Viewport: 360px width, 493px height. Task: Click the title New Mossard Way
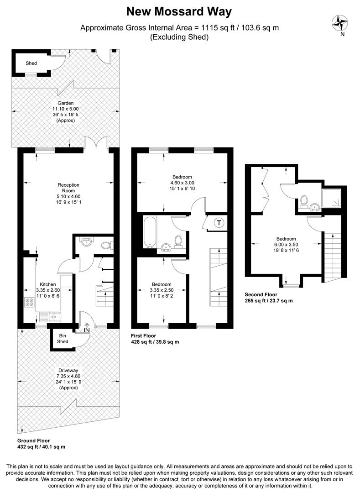pyautogui.click(x=180, y=11)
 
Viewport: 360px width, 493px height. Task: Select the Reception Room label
pyautogui.click(x=68, y=188)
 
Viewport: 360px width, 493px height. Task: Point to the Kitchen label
pyautogui.click(x=48, y=283)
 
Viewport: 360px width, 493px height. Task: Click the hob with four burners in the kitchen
pyautogui.click(x=30, y=302)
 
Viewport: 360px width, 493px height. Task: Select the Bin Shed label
pyautogui.click(x=63, y=338)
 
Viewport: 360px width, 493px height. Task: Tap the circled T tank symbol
pyautogui.click(x=219, y=223)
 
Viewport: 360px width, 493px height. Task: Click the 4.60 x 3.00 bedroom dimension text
pyautogui.click(x=182, y=183)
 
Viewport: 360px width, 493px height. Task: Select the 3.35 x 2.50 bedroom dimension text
pyautogui.click(x=162, y=290)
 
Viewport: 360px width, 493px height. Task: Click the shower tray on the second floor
pyautogui.click(x=332, y=200)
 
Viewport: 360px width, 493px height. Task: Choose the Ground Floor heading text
pyautogui.click(x=34, y=441)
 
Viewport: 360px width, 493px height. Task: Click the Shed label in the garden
pyautogui.click(x=31, y=63)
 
